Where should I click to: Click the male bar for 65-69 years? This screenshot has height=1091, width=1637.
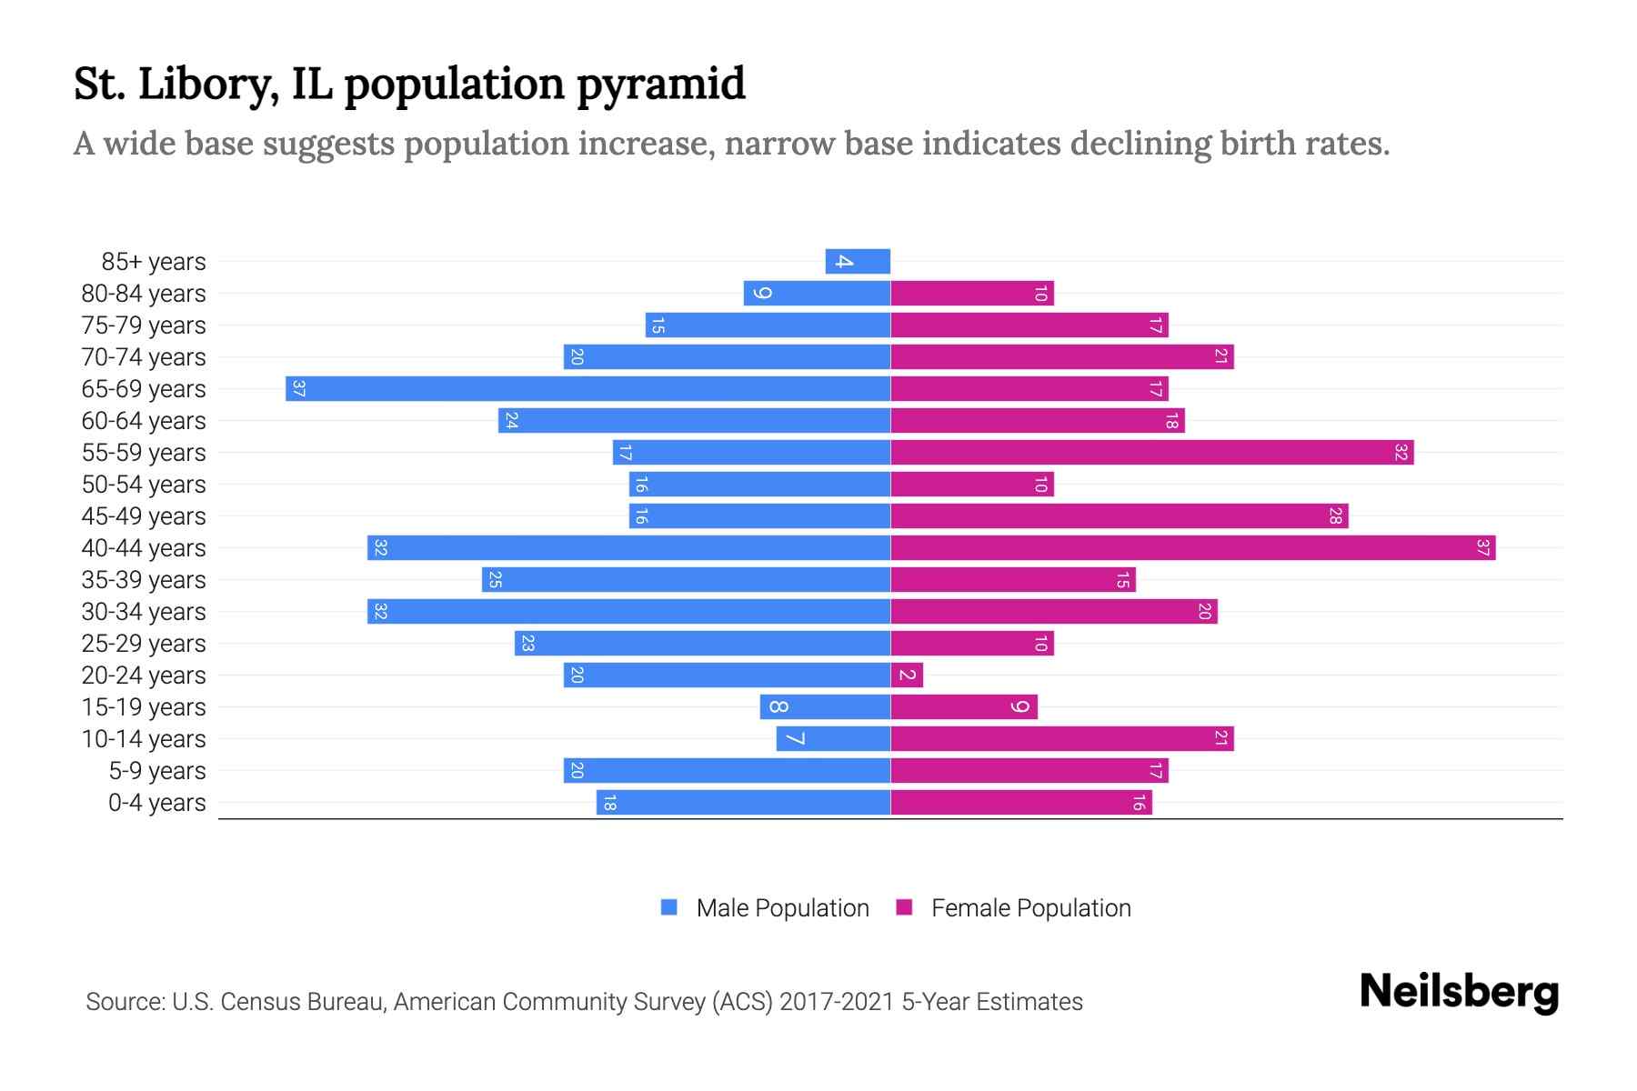(588, 389)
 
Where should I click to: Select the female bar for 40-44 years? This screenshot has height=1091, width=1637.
(1192, 548)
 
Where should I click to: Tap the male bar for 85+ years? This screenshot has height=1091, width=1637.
(858, 262)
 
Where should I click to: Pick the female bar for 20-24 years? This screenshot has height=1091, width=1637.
(907, 676)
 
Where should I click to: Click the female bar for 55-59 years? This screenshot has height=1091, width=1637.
(1151, 453)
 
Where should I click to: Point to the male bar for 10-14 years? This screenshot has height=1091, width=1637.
(833, 739)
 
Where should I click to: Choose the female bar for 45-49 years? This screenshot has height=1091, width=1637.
(1119, 516)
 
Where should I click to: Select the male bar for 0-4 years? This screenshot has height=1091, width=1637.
(743, 803)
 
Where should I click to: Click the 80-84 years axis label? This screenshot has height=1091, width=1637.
(144, 294)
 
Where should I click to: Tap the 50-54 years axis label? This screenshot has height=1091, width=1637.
(144, 485)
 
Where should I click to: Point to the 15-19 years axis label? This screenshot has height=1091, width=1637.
(144, 707)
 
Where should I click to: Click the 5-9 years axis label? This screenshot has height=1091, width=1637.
(156, 771)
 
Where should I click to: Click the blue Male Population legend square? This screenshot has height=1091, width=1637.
(669, 907)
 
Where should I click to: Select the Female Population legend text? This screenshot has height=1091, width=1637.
(1030, 908)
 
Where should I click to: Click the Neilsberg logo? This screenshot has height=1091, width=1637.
(1459, 992)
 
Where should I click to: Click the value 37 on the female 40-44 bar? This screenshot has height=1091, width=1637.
(1482, 548)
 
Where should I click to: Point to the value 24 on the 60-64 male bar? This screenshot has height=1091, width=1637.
(511, 421)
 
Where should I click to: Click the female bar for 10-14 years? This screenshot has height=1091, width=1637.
(1061, 739)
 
